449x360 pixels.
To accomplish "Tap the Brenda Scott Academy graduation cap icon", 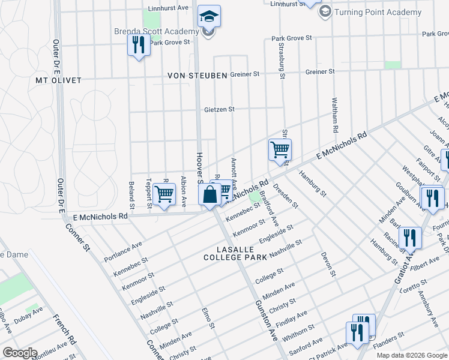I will click(209, 17).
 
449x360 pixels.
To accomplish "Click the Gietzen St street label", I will click(219, 110).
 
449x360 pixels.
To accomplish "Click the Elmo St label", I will click(208, 319).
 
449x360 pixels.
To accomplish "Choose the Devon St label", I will click(328, 265).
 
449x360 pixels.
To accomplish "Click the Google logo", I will click(20, 353).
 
